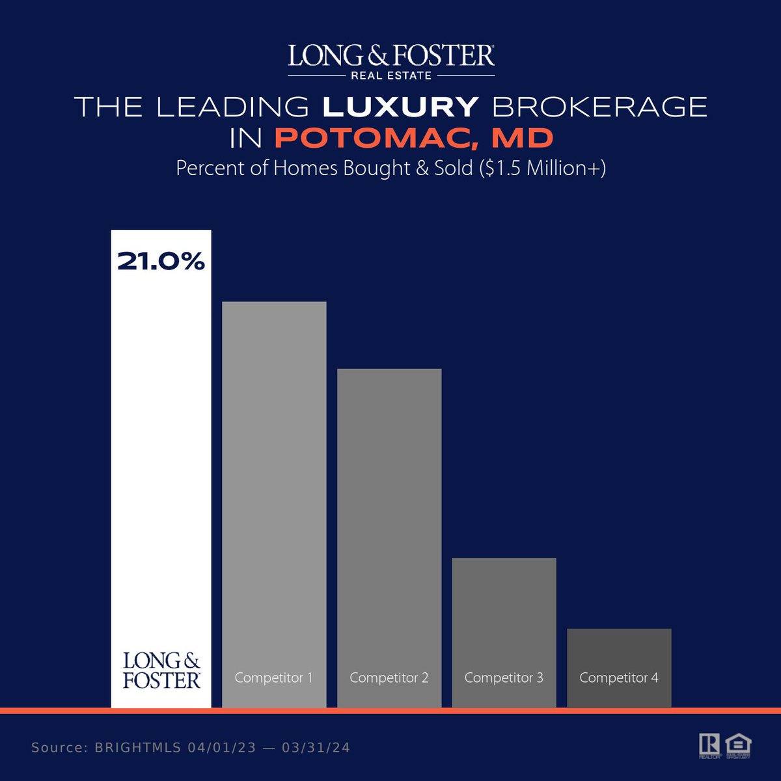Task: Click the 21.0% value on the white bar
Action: tap(161, 262)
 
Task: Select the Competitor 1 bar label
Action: tap(273, 678)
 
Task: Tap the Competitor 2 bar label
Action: tap(389, 678)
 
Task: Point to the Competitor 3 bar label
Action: tap(504, 678)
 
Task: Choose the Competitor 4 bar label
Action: tap(618, 678)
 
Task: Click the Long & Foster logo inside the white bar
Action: tap(161, 671)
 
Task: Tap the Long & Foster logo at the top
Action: tap(390, 56)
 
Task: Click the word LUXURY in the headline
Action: tap(401, 107)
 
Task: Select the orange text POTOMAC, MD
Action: tap(414, 138)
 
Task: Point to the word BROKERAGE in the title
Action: tap(598, 107)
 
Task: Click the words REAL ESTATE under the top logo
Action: tap(390, 75)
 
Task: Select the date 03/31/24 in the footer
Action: tap(316, 748)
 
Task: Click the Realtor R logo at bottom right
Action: tap(709, 745)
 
